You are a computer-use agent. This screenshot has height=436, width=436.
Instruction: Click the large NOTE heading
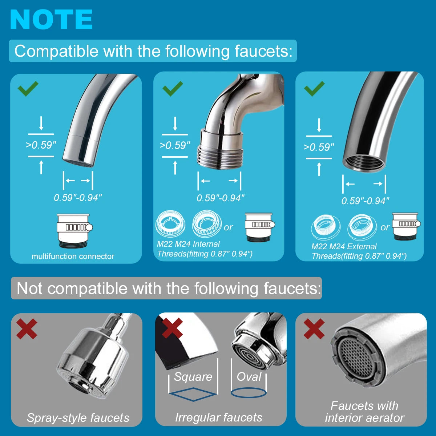tap(51, 20)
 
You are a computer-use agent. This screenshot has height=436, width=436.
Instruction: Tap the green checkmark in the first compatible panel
tap(28, 89)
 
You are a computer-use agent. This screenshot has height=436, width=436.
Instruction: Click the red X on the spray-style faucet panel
tap(27, 329)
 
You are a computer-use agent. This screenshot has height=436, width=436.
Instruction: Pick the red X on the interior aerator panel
tap(314, 329)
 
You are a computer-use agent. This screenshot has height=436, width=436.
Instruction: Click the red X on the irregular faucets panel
tap(173, 328)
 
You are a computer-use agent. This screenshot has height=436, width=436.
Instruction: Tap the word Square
tap(193, 377)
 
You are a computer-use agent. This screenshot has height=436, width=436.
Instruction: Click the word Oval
tap(249, 377)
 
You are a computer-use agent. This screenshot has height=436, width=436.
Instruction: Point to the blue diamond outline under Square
tap(193, 388)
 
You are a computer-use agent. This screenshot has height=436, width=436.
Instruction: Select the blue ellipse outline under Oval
tap(248, 388)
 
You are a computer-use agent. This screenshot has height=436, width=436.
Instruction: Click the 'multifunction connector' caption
tap(73, 257)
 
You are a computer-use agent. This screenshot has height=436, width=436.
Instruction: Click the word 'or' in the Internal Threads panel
tap(228, 227)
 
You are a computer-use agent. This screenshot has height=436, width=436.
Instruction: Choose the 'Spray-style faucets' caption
tap(78, 418)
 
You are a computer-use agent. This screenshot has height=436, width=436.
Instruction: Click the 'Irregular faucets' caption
tap(219, 417)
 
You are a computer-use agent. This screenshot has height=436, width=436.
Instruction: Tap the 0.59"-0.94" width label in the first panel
tap(78, 198)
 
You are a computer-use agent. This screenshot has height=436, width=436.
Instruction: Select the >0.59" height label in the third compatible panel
tap(319, 147)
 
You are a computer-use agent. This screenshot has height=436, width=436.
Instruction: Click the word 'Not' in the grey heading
tap(29, 288)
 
